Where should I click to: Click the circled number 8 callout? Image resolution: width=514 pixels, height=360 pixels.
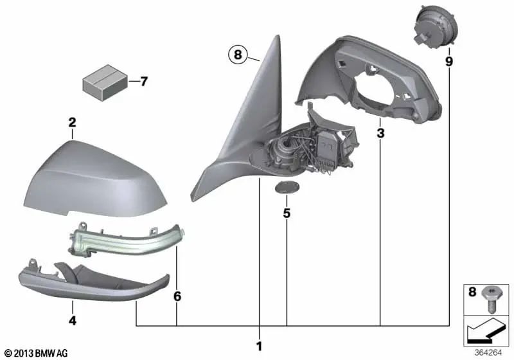pyautogui.click(x=237, y=56)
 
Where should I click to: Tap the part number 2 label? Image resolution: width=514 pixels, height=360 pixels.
pyautogui.click(x=73, y=122)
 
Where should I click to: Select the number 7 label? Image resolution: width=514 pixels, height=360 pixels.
pyautogui.click(x=143, y=82)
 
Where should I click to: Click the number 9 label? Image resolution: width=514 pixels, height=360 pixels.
pyautogui.click(x=448, y=62)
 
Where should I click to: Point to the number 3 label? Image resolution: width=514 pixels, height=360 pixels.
pyautogui.click(x=380, y=134)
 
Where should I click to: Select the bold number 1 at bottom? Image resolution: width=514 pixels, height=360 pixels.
pyautogui.click(x=259, y=346)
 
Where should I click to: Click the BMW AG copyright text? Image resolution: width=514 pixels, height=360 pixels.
pyautogui.click(x=32, y=353)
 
